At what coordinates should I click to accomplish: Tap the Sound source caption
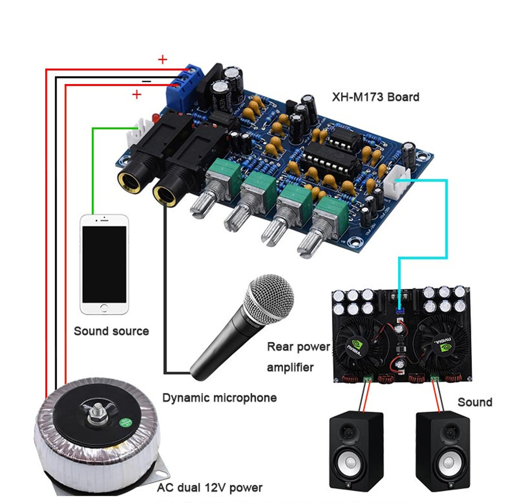pos(111,331)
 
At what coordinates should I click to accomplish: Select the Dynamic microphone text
pos(219,397)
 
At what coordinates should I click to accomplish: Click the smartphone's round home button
pos(104,308)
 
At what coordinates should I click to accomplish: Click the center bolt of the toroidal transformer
pos(97,411)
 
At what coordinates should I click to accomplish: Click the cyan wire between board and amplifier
pos(447,223)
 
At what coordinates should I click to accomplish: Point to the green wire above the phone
pos(93,170)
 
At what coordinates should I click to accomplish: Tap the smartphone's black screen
pos(104,263)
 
